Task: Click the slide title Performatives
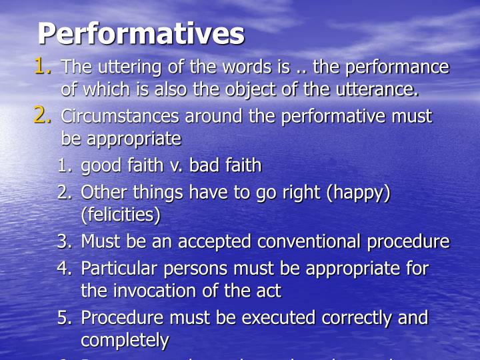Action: coord(141,33)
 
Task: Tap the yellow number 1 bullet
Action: coord(43,67)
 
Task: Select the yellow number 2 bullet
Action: coord(43,116)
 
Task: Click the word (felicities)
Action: coord(121,216)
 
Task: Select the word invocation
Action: coord(152,291)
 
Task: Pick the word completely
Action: coord(125,341)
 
